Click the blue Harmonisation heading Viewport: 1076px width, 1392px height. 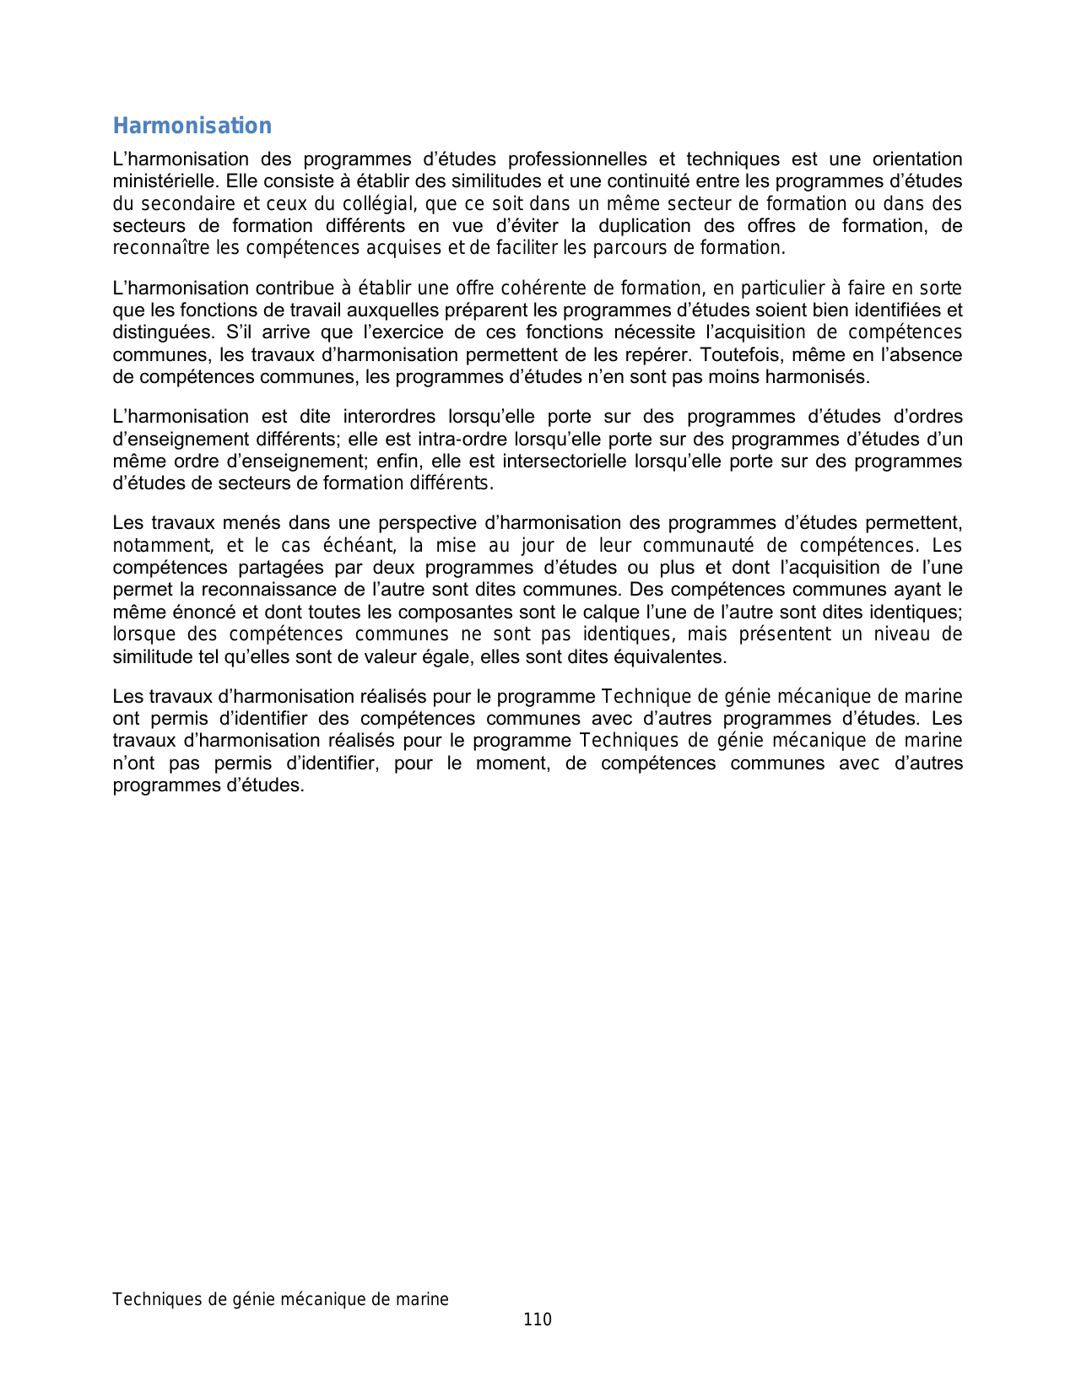192,126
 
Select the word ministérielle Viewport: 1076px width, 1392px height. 165,181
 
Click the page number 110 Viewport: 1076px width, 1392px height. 538,1320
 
